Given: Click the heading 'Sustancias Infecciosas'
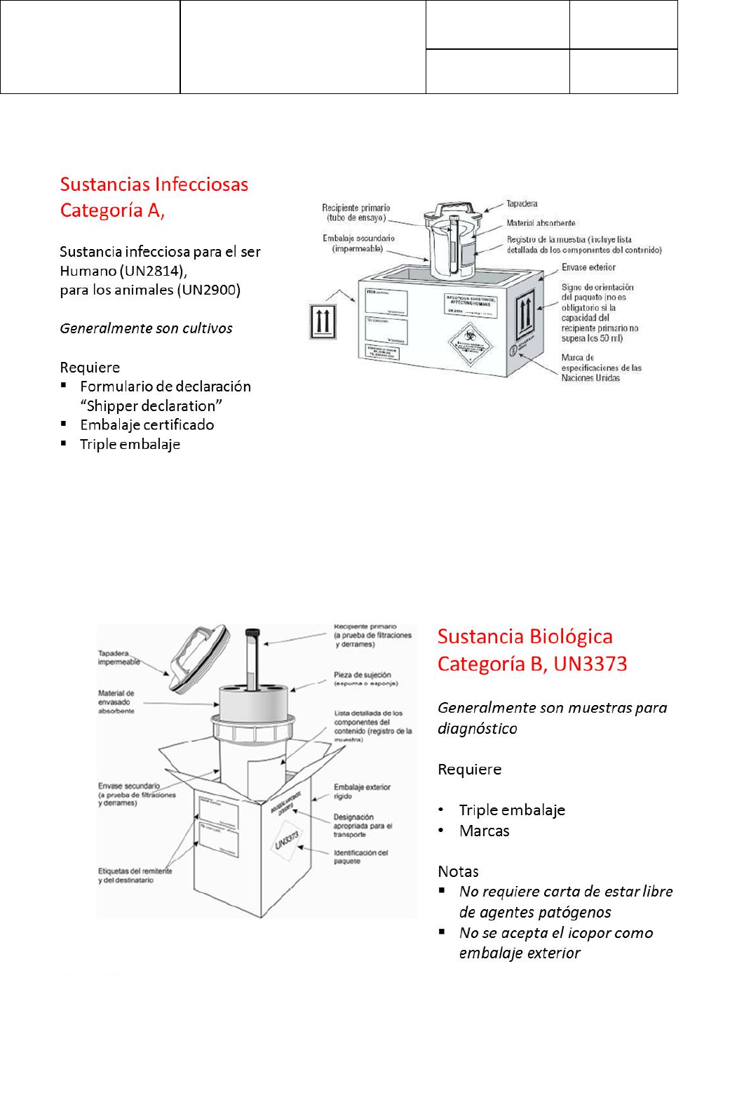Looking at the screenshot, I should (x=154, y=185).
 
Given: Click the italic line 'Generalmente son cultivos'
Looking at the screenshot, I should (x=146, y=328).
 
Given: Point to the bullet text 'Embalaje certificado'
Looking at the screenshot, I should (x=147, y=424).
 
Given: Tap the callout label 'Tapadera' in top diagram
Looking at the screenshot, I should (x=522, y=204).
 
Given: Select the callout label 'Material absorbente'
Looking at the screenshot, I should (x=541, y=223).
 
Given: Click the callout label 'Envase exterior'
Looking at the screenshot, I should (x=588, y=267).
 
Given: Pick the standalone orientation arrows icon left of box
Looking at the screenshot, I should (x=322, y=322).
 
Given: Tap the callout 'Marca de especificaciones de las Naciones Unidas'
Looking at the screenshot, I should (x=600, y=368).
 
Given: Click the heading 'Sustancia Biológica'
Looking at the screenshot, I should (x=525, y=636).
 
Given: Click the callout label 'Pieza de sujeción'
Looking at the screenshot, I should (x=362, y=675).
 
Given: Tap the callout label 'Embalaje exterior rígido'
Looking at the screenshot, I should (x=361, y=791).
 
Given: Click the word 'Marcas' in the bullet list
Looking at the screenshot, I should (x=484, y=831).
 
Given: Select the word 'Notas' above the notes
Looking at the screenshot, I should (x=458, y=871).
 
